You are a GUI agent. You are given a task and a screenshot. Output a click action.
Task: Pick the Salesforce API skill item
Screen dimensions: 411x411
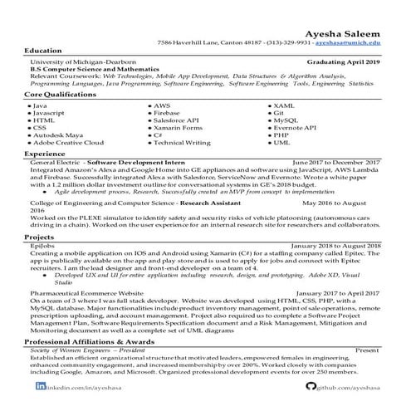(x=180, y=121)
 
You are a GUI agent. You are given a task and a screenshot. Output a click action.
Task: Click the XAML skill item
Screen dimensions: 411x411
(x=284, y=106)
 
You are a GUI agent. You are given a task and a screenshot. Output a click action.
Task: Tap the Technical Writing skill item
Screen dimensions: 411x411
(x=184, y=143)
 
